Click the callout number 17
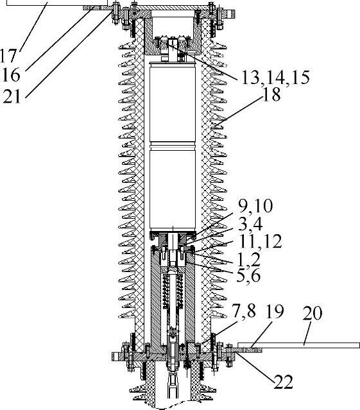click(8, 56)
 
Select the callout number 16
click(11, 75)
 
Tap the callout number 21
click(12, 96)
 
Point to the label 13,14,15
click(275, 77)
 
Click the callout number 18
click(271, 94)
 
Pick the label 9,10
click(255, 206)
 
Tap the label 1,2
click(248, 259)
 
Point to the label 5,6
click(248, 275)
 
